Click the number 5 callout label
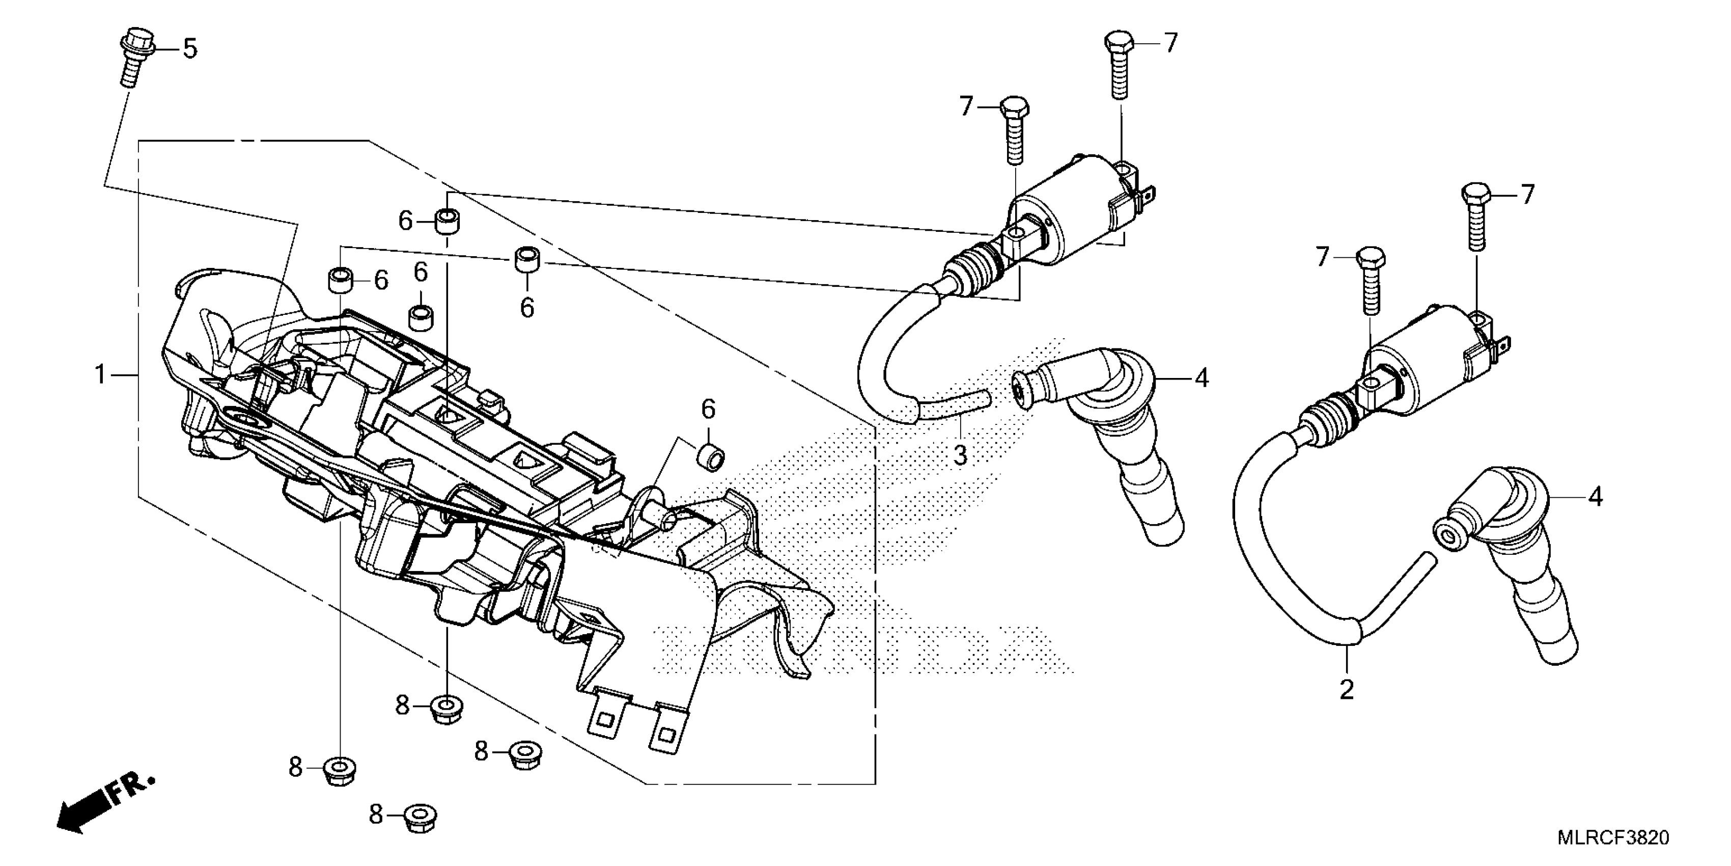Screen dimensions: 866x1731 click(x=190, y=49)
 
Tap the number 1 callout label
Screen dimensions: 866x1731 click(x=100, y=374)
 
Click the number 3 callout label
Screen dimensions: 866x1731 click(x=960, y=455)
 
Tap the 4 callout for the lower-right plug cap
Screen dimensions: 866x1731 click(x=1595, y=497)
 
